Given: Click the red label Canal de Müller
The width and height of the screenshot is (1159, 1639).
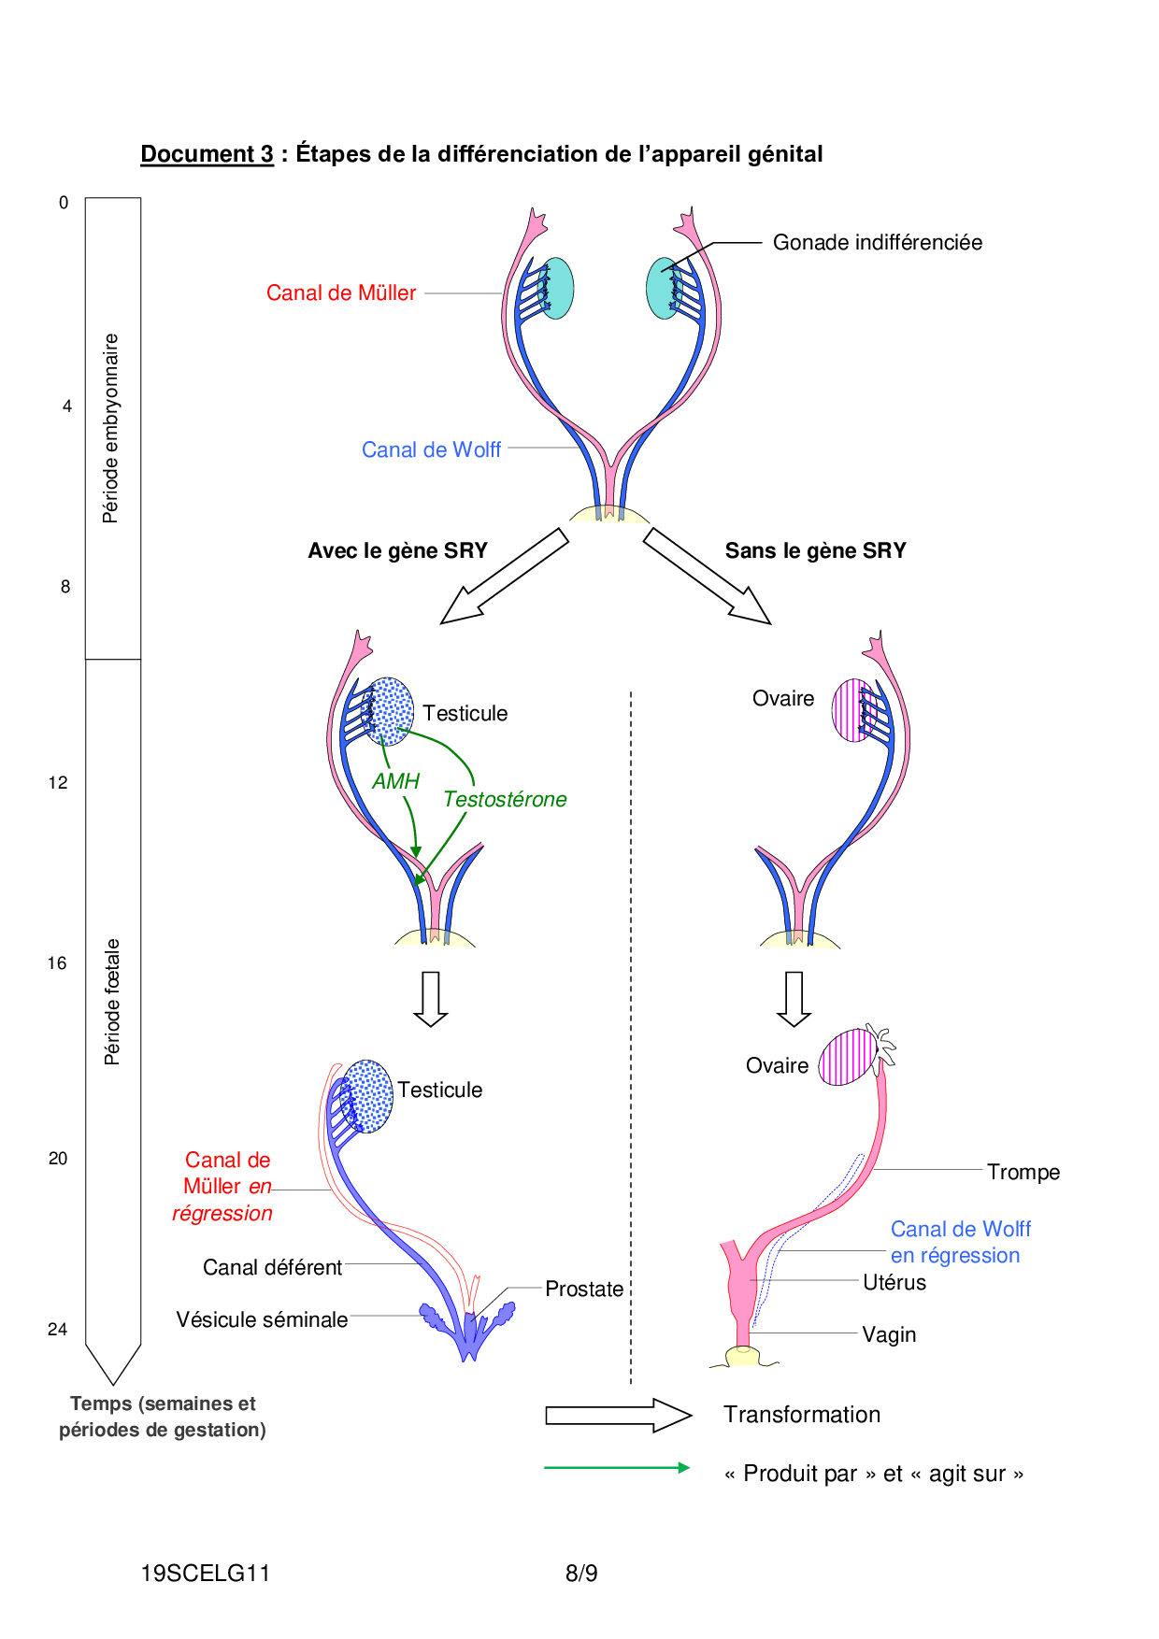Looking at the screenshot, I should pyautogui.click(x=341, y=293).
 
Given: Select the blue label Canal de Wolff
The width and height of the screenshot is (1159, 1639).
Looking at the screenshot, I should pyautogui.click(x=431, y=450).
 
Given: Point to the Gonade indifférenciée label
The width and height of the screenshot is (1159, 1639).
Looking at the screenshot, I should pyautogui.click(x=877, y=243).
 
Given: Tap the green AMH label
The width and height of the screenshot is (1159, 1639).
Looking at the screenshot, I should pyautogui.click(x=395, y=781).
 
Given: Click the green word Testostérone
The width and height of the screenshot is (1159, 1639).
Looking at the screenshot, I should pyautogui.click(x=505, y=800).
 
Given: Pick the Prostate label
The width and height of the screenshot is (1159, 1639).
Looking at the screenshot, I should pyautogui.click(x=584, y=1290).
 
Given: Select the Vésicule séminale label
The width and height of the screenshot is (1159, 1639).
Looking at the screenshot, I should pyautogui.click(x=262, y=1319).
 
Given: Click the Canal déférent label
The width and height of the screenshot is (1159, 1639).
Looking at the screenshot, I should pyautogui.click(x=272, y=1268).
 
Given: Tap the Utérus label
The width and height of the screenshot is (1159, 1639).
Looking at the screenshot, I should pyautogui.click(x=894, y=1283).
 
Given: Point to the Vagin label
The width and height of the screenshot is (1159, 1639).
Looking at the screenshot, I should pyautogui.click(x=889, y=1335).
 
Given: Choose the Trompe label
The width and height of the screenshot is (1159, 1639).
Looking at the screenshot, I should pyautogui.click(x=1023, y=1173).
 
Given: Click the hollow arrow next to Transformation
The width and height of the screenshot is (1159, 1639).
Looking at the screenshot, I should pyautogui.click(x=618, y=1416).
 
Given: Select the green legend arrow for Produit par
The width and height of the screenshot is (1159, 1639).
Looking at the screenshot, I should pyautogui.click(x=617, y=1468).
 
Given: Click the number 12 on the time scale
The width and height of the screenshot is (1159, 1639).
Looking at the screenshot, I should pyautogui.click(x=58, y=783).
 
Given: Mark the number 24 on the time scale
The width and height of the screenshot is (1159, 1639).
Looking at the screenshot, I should pyautogui.click(x=58, y=1330).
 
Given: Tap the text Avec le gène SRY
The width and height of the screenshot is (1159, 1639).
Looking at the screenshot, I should pyautogui.click(x=397, y=551).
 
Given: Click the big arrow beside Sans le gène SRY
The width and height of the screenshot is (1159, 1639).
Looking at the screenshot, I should pyautogui.click(x=707, y=576).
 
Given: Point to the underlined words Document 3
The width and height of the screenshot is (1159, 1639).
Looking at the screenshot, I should pyautogui.click(x=207, y=154).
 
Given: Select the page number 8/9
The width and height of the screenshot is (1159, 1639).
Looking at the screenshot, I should pyautogui.click(x=581, y=1574).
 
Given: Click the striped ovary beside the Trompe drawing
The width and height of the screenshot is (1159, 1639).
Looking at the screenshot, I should pyautogui.click(x=848, y=1057).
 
